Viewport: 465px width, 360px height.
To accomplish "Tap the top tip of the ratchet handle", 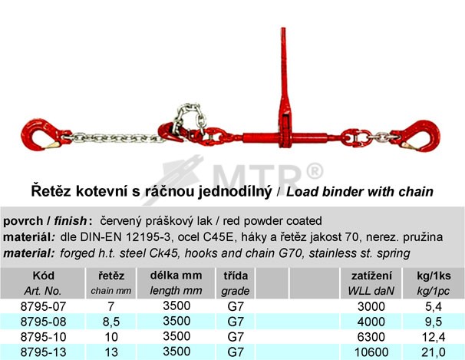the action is click(x=283, y=28).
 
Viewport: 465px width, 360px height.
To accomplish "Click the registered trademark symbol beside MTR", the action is click(x=314, y=171).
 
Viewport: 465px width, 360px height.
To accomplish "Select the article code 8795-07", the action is click(x=43, y=306).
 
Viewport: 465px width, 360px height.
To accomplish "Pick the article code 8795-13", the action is click(x=43, y=352).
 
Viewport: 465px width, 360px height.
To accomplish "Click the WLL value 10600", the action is click(x=371, y=352).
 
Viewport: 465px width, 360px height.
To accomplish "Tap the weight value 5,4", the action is click(x=434, y=306).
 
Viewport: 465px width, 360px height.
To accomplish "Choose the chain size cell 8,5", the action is click(x=111, y=322).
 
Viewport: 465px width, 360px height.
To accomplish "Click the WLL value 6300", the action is click(x=371, y=337).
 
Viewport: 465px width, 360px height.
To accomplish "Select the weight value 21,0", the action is click(x=434, y=352).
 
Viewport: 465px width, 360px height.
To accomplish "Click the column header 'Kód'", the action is click(x=43, y=276).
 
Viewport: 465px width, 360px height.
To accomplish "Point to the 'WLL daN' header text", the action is click(x=371, y=291).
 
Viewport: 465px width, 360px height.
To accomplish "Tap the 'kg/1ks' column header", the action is click(x=434, y=276).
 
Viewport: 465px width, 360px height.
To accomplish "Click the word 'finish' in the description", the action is click(x=71, y=221).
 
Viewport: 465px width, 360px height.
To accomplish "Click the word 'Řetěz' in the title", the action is click(x=51, y=191).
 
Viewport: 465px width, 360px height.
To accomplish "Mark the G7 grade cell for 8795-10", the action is click(x=236, y=337).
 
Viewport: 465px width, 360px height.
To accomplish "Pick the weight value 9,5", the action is click(x=434, y=322).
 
